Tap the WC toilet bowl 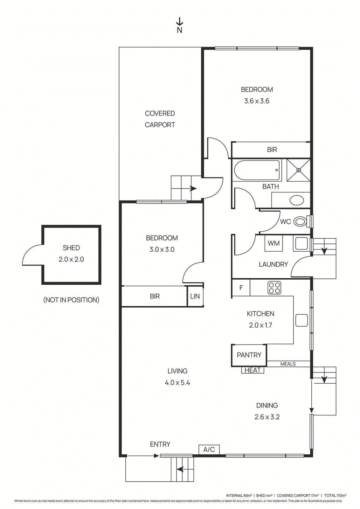(300, 221)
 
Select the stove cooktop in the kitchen (274, 288)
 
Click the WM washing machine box (273, 243)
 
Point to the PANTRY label (249, 355)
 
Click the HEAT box (253, 370)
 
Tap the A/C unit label (209, 450)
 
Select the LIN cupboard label (195, 296)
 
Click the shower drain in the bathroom (299, 170)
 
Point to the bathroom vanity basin (297, 200)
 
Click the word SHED (71, 248)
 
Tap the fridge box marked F (241, 288)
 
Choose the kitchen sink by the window (301, 320)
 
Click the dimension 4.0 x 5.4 (177, 383)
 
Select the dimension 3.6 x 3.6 (257, 101)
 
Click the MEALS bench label (288, 364)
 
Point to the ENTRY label (160, 444)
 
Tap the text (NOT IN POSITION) (71, 300)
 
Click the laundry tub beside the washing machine (301, 244)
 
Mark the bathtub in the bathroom (257, 170)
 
